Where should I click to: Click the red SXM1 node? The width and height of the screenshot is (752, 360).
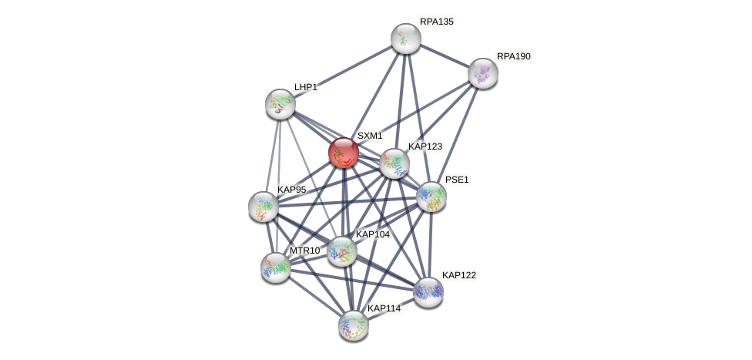(x=344, y=153)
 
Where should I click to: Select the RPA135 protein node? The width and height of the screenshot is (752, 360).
(x=406, y=39)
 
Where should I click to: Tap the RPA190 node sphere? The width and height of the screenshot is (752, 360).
(x=482, y=73)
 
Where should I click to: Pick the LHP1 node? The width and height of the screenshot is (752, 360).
(x=280, y=103)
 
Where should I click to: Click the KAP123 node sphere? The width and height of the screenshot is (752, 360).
(x=394, y=163)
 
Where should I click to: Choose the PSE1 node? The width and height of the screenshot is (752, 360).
(x=431, y=197)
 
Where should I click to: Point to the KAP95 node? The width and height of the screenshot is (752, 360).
(x=264, y=207)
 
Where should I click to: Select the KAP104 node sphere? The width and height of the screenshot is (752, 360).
(x=342, y=251)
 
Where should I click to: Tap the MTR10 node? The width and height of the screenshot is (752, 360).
(x=276, y=267)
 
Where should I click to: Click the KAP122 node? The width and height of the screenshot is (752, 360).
(x=428, y=292)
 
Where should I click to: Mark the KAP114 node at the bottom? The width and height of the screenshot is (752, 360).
(x=354, y=326)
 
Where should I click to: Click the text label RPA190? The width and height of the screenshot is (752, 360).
(x=514, y=56)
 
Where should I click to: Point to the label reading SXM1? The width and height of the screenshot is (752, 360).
(x=370, y=136)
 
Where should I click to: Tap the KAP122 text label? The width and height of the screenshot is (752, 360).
(x=459, y=275)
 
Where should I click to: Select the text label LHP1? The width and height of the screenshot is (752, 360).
(x=305, y=87)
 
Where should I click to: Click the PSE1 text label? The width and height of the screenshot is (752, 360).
(x=457, y=180)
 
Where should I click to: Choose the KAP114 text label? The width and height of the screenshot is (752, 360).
(x=384, y=308)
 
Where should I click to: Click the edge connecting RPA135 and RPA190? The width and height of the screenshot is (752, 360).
(x=444, y=56)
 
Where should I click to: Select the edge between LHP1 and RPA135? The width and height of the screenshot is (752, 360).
(x=343, y=71)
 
